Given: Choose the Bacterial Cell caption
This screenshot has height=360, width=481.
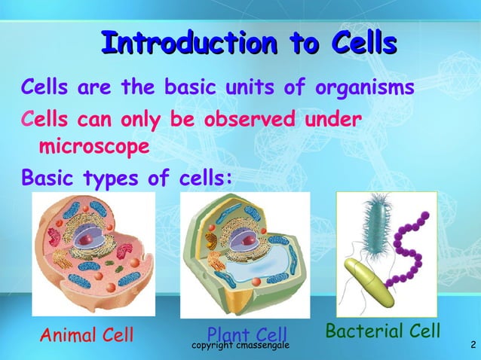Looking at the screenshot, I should coord(382,331).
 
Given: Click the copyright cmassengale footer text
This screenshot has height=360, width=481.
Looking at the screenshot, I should coord(241,345).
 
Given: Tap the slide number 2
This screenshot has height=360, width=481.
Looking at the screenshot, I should coord(471,345).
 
